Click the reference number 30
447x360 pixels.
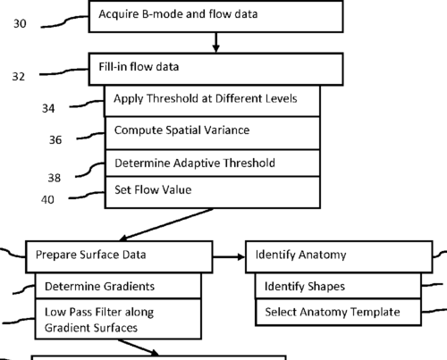tap(20, 23)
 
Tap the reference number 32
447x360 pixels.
tap(19, 77)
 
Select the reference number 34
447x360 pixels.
tap(48, 108)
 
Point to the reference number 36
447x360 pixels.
tap(55, 139)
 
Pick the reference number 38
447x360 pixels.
tap(55, 178)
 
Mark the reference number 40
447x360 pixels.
tap(47, 199)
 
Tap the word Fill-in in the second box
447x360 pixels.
tap(113, 66)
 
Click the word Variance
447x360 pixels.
tap(229, 130)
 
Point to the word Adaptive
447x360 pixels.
tap(198, 163)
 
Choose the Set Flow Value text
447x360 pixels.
tap(153, 189)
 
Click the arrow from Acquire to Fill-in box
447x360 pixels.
tap(216, 42)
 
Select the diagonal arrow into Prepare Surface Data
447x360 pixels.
tap(166, 224)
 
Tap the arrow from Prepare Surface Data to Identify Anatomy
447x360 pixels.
tap(229, 256)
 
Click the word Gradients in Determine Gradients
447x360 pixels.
tap(129, 287)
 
